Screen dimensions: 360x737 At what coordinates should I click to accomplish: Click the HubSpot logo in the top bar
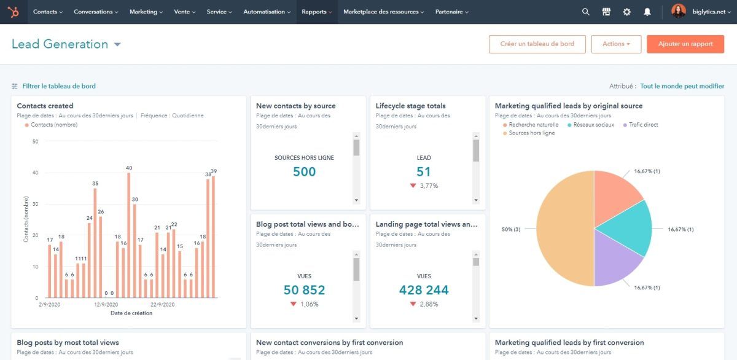tap(14, 12)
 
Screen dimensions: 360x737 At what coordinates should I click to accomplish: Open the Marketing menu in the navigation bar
tap(146, 12)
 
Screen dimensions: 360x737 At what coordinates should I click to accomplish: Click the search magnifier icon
tap(585, 12)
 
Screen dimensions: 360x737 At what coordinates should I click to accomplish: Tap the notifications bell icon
tap(647, 12)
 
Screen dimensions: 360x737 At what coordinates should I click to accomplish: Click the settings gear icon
tap(626, 12)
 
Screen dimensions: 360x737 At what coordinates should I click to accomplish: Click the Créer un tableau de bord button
tap(537, 44)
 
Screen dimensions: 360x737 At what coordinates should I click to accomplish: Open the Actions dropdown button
tap(616, 44)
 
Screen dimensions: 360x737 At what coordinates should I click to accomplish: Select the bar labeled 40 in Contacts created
tap(129, 235)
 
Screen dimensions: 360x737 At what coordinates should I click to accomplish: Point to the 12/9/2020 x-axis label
tap(106, 305)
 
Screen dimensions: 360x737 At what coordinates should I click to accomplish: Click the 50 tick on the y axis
tap(35, 141)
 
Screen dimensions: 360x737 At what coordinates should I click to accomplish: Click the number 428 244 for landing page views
tap(424, 290)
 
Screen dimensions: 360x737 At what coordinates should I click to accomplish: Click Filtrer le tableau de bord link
tap(59, 87)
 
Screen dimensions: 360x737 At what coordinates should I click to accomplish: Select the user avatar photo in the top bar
tap(678, 11)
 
